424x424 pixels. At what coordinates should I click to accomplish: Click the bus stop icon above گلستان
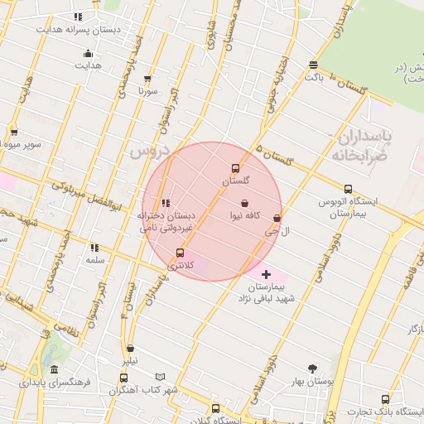point(236,168)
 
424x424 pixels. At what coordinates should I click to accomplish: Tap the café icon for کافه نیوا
point(245,203)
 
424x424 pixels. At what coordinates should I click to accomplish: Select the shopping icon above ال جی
point(277,219)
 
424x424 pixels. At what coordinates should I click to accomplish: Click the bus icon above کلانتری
point(180,253)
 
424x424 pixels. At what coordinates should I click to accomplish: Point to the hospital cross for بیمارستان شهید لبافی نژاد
point(266,274)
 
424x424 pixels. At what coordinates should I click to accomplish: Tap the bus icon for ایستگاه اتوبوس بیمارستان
point(348,189)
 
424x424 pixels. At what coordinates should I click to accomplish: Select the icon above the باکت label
point(313,65)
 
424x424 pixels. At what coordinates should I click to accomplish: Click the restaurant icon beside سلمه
point(95,247)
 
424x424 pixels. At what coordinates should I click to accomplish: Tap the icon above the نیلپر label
point(130,348)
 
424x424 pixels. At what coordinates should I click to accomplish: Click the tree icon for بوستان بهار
point(312,369)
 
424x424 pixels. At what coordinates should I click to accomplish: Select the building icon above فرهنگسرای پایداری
point(55,369)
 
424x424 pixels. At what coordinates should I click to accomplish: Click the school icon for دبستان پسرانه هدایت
point(78,16)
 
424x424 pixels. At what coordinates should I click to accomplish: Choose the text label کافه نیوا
point(247,215)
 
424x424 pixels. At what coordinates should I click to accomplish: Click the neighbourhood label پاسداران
point(361,135)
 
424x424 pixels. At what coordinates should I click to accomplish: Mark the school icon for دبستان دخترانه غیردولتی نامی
point(166,203)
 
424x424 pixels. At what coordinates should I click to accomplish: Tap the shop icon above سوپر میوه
point(14,132)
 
